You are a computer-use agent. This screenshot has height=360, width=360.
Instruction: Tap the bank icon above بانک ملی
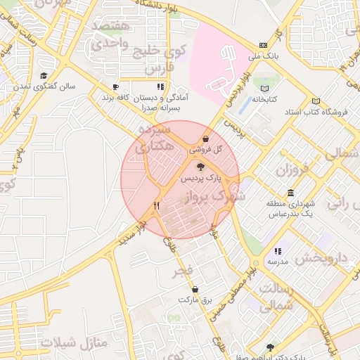[x=263, y=44]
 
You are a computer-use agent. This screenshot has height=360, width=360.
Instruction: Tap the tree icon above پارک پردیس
[x=200, y=167]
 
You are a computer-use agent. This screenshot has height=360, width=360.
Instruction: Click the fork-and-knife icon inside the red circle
[x=156, y=206]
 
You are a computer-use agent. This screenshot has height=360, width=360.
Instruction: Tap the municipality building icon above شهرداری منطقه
[x=290, y=193]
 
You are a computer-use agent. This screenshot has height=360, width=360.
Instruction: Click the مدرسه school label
[x=277, y=261]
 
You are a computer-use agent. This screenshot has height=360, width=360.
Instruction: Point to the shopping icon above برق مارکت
[x=195, y=289]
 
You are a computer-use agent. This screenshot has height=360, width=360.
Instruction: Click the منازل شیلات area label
[x=75, y=343]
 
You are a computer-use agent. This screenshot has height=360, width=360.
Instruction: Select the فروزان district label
[x=292, y=170]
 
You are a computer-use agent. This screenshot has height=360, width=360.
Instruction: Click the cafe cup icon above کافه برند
[x=116, y=87]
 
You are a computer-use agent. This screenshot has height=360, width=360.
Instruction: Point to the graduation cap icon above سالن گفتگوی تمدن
[x=44, y=76]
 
